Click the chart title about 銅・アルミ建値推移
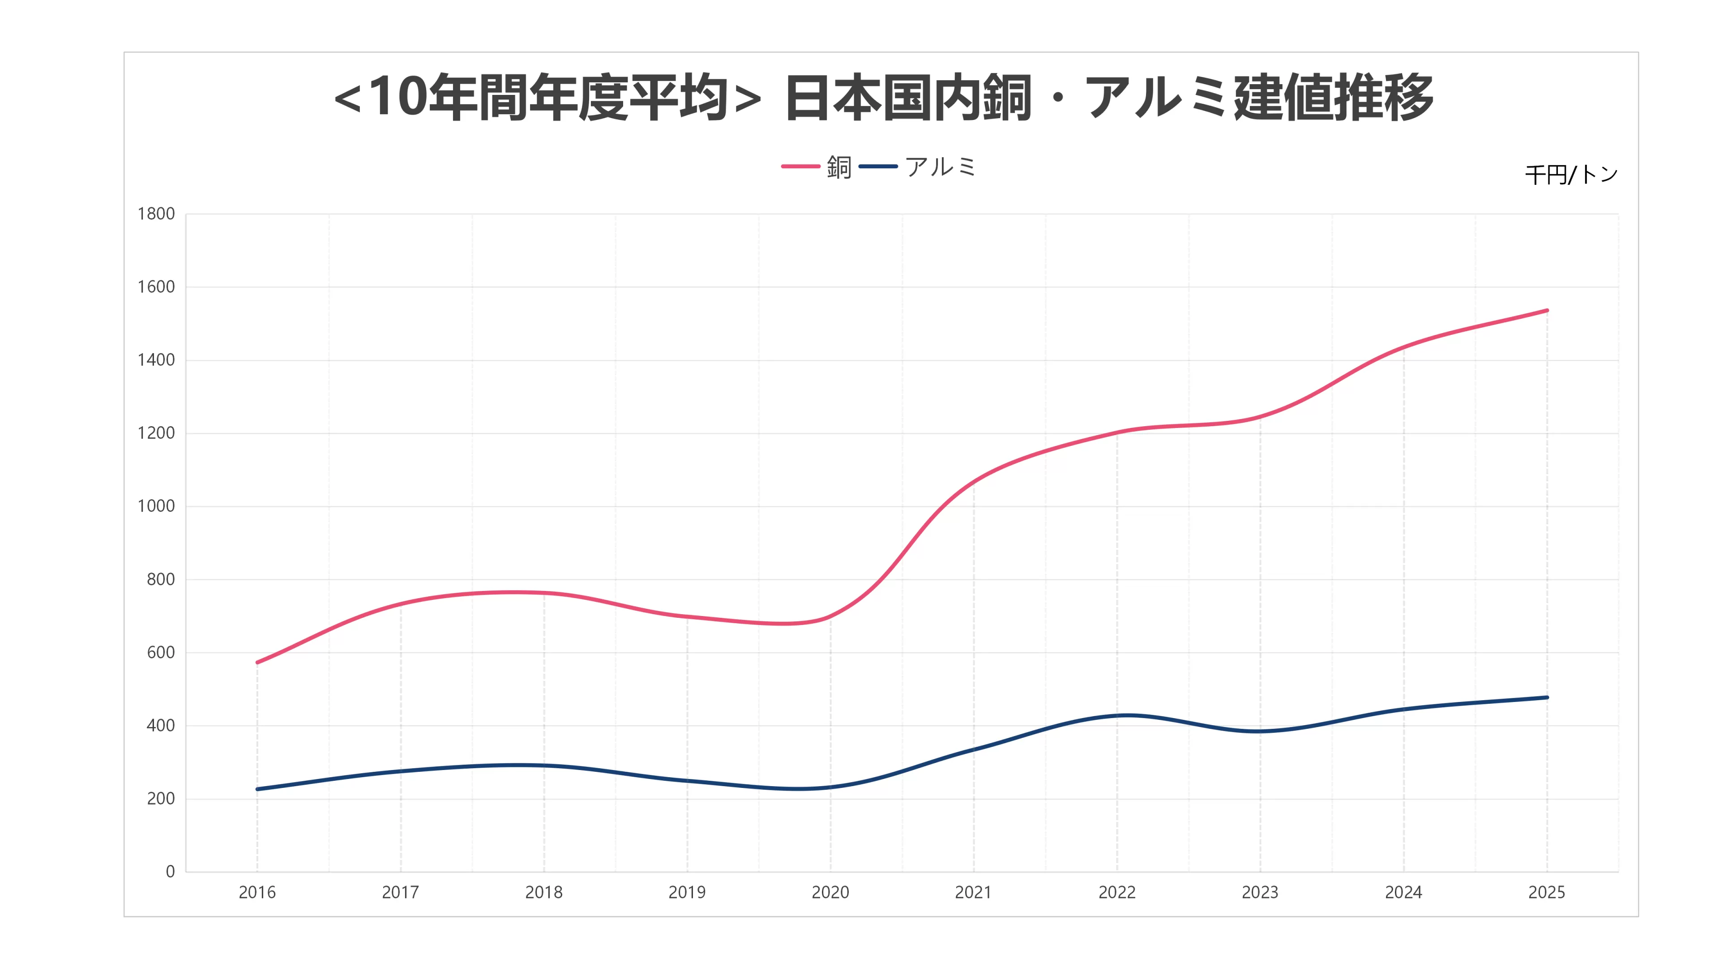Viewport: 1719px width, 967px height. pos(883,98)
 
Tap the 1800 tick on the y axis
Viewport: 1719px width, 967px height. pos(156,214)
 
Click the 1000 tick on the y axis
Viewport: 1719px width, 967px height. pos(156,506)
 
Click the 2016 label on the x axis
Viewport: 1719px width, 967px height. pos(257,892)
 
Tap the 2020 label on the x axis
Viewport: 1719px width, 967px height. pos(830,892)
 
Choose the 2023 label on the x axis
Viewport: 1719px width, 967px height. pos(1260,892)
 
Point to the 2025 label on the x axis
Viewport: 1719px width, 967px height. pos(1546,892)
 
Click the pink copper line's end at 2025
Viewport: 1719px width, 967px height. pos(1546,310)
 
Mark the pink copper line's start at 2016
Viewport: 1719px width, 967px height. pos(257,662)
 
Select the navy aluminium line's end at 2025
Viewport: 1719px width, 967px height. pos(1546,697)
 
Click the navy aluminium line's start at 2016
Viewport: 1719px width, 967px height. pos(257,789)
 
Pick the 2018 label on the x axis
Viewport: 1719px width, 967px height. pos(544,892)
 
